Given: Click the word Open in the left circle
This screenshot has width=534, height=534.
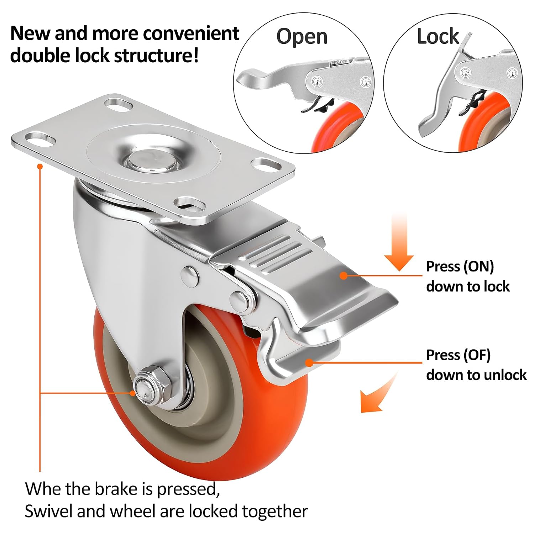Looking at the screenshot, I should coord(302,37).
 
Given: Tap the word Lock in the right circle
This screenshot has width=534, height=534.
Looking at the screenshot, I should coord(438,36).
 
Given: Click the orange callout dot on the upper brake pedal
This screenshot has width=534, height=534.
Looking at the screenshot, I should coord(343,275).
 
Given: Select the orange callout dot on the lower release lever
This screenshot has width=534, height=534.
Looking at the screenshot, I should coord(309,362).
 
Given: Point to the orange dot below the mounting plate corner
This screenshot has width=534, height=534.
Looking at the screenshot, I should coord(40,166).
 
